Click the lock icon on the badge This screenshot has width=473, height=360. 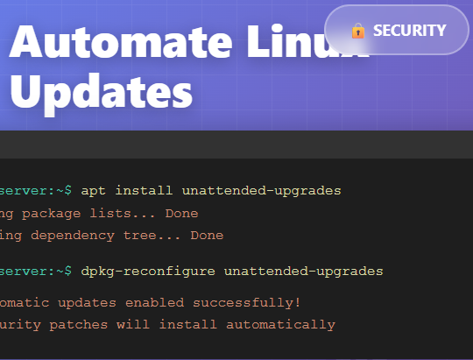(357, 31)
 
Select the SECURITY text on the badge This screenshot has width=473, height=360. (409, 31)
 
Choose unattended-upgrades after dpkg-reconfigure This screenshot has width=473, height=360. (303, 272)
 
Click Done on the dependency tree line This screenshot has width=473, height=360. (207, 235)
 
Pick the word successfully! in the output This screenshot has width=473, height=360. (253, 302)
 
